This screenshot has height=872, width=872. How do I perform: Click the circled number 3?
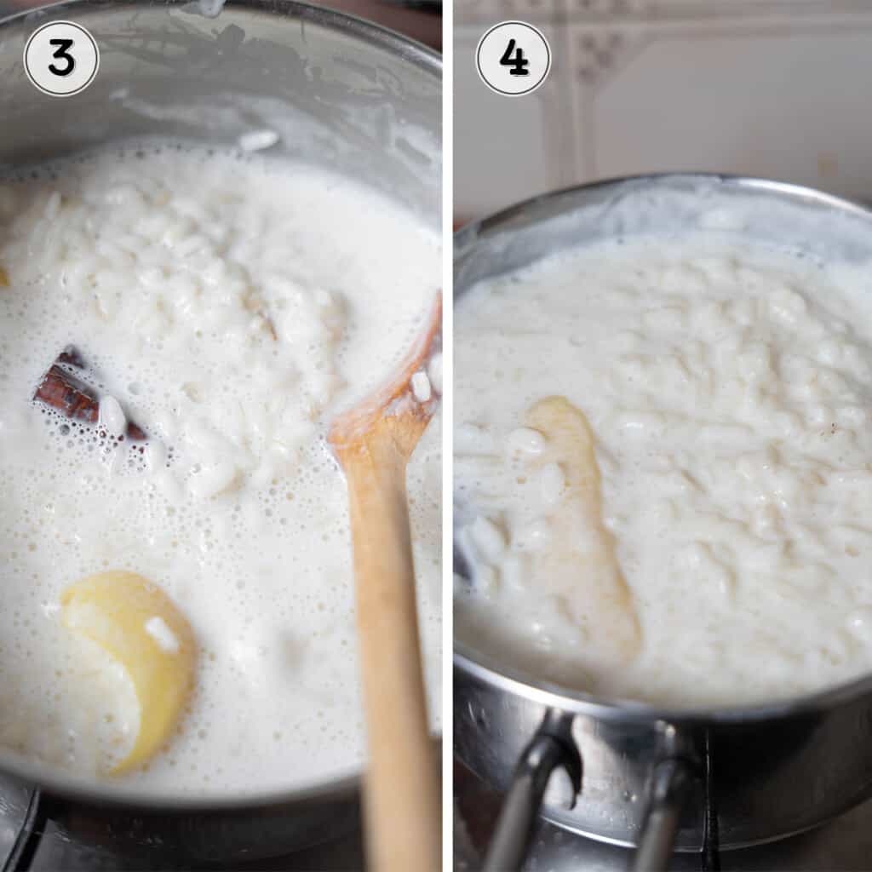61,58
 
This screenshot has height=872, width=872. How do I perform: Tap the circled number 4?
513,58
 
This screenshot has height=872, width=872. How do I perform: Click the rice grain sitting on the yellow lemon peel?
161,634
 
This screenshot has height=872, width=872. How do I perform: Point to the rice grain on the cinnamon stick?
112,414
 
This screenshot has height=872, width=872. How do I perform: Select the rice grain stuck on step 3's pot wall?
258,140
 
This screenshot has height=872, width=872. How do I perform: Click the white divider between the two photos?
448,426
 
